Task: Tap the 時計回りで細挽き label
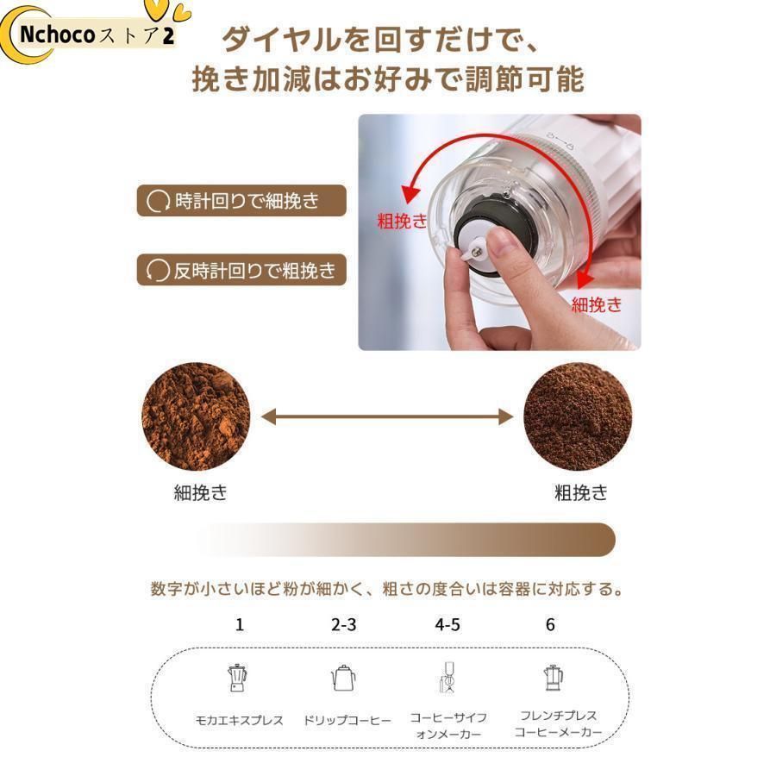[241, 202]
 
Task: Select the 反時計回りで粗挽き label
[241, 271]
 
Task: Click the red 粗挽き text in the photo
[402, 221]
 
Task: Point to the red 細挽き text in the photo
[596, 304]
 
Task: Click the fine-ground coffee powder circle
[196, 416]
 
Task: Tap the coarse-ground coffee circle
[578, 416]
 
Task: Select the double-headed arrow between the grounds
[387, 417]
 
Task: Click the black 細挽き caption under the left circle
[200, 493]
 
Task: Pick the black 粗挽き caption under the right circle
[580, 493]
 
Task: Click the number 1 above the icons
[239, 624]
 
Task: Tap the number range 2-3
[343, 624]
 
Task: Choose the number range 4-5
[447, 624]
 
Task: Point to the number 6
[550, 624]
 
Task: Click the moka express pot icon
[236, 678]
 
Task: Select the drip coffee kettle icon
[343, 679]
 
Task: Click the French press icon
[552, 679]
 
